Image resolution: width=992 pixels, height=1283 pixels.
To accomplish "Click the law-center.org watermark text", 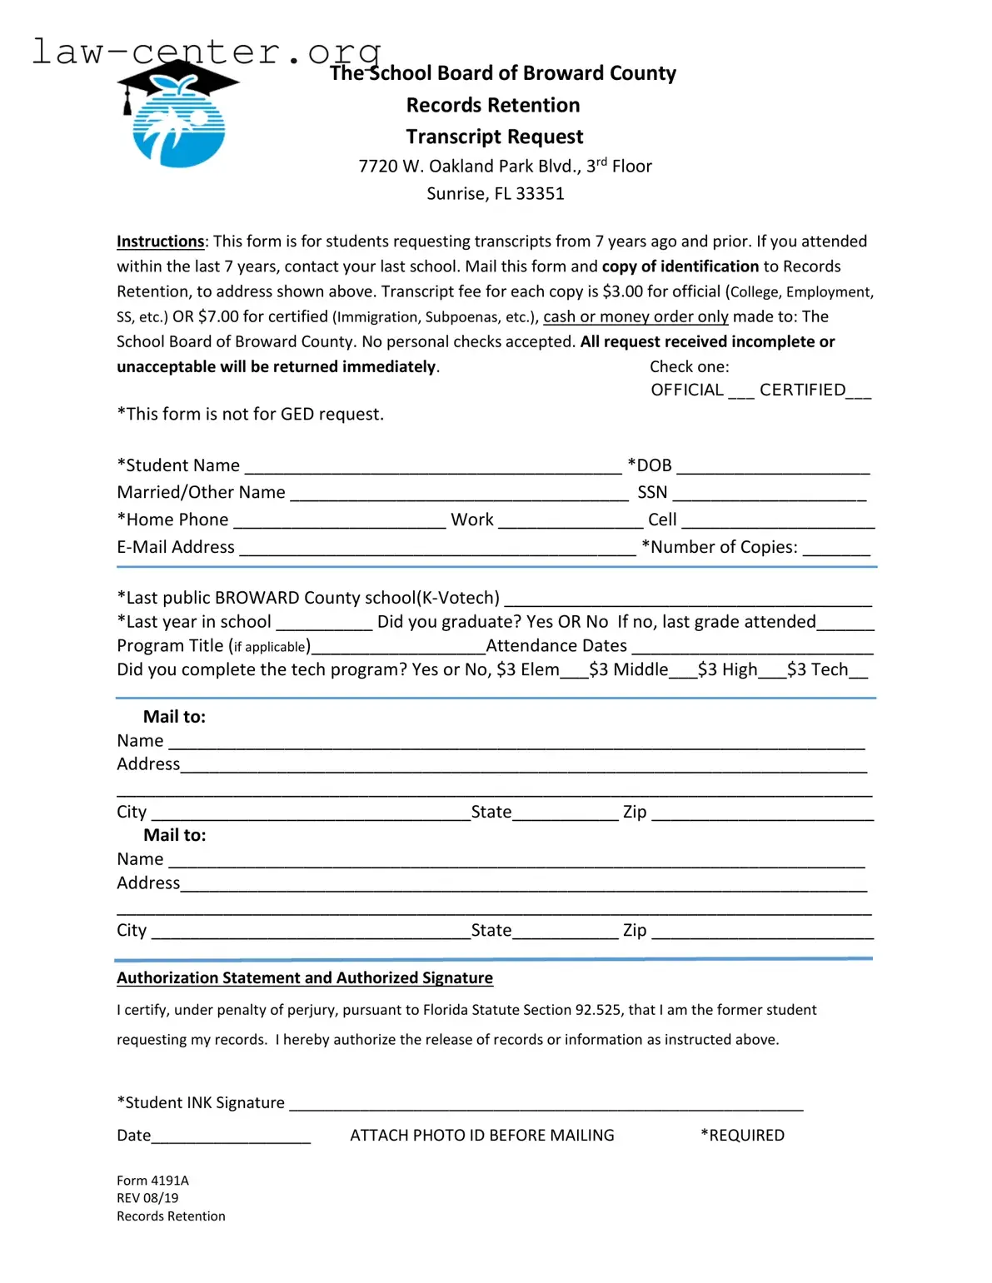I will click(206, 52).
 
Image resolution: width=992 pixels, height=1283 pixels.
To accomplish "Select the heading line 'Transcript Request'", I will click(495, 137).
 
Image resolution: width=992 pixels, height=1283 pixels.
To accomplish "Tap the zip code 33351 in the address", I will click(540, 194).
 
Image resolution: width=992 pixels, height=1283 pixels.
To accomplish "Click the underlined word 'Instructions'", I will click(160, 241).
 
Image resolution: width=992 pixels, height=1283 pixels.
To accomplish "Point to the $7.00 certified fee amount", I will click(218, 317).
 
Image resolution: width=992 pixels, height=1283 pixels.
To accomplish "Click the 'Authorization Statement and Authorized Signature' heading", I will click(305, 978).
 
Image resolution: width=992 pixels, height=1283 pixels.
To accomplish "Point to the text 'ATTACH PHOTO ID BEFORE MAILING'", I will click(482, 1136).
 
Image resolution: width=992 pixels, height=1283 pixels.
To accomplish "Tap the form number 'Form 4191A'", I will click(152, 1181).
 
